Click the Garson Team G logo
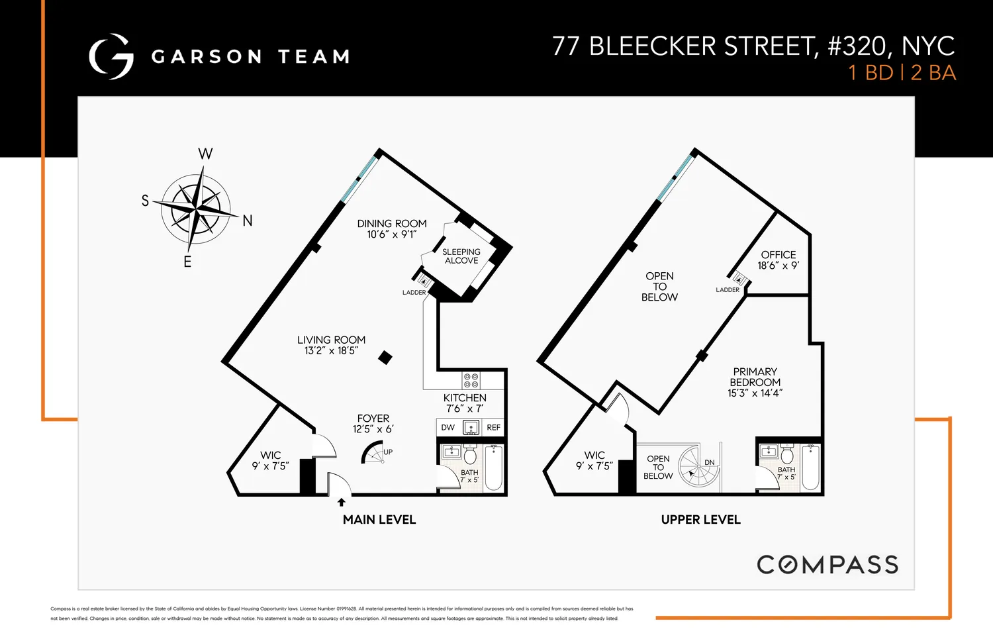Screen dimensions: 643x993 pos(111,57)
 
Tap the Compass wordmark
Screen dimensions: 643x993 pos(827,565)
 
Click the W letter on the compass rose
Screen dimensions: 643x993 pos(205,154)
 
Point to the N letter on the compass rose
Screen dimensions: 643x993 pos(248,221)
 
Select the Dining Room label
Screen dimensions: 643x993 pos(392,224)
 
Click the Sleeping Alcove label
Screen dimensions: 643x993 pos(461,256)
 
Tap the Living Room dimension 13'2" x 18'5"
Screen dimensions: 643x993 pos(331,351)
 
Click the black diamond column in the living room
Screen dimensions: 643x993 pos(385,358)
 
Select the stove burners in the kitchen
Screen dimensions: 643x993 pos(471,380)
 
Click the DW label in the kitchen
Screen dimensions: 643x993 pos(448,428)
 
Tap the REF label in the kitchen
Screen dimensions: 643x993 pos(494,428)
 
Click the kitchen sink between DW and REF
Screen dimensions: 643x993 pos(471,428)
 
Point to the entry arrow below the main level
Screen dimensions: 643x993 pos(342,502)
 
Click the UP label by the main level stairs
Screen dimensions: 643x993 pos(388,452)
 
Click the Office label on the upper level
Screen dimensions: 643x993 pos(779,255)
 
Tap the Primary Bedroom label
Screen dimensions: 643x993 pos(755,377)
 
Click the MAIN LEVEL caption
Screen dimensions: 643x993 pos(379,520)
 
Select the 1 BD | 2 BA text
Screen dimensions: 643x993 pos(902,73)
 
